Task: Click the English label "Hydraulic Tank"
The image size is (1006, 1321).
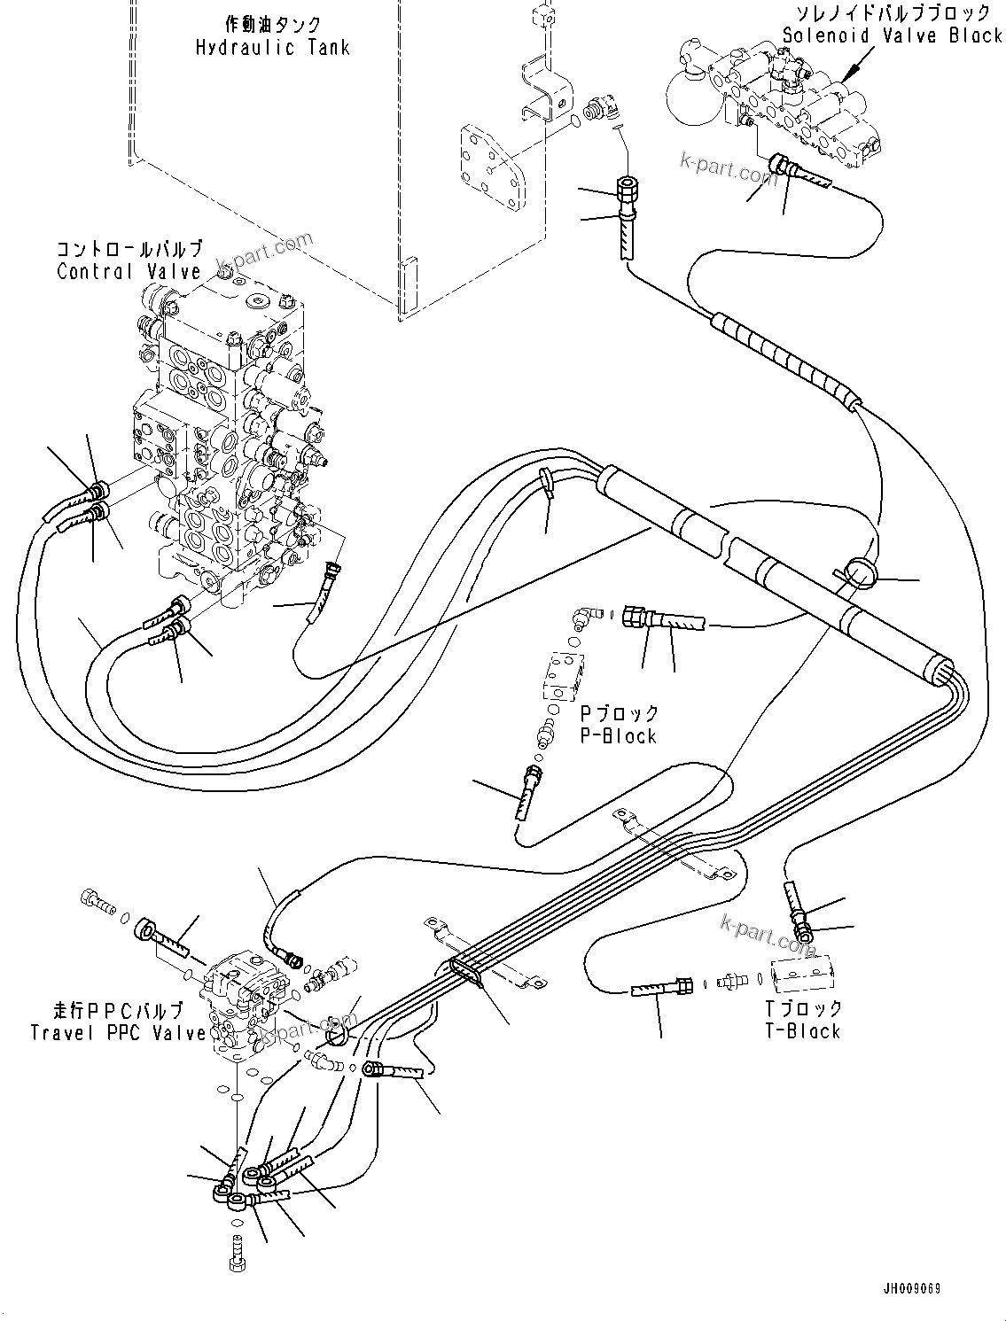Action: (x=272, y=48)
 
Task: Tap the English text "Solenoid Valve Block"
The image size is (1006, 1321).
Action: (x=893, y=35)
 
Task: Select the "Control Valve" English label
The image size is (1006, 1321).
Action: (x=129, y=272)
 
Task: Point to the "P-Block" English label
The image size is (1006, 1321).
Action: (x=618, y=736)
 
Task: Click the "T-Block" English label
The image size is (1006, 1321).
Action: (x=804, y=1031)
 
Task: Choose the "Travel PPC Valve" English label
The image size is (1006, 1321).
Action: (x=118, y=1032)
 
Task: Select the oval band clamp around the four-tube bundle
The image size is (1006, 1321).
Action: (x=466, y=972)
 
